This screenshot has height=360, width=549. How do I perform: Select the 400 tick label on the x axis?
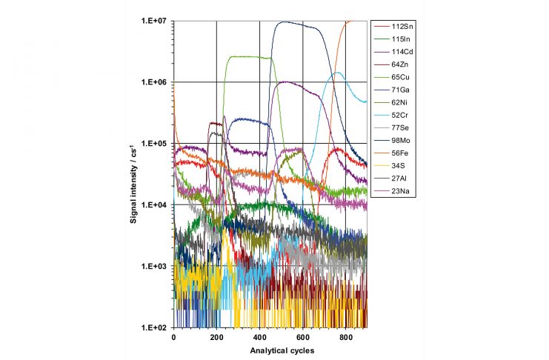point(259,337)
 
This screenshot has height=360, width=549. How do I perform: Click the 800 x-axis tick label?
point(345,337)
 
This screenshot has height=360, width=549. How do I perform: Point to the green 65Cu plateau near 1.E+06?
point(248,56)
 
